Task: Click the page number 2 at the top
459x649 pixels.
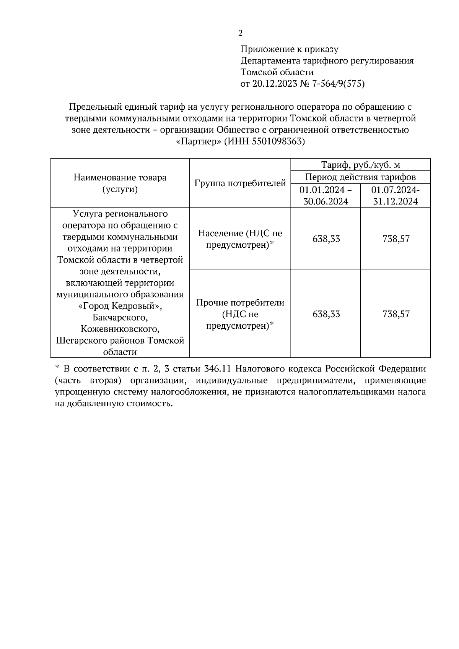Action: (x=240, y=34)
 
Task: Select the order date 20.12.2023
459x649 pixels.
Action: (x=275, y=84)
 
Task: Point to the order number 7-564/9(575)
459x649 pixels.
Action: (x=339, y=84)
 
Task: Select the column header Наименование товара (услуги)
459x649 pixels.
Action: (x=120, y=183)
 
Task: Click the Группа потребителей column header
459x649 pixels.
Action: (x=240, y=183)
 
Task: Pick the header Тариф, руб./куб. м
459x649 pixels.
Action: (x=360, y=165)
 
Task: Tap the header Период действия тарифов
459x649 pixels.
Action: (x=360, y=177)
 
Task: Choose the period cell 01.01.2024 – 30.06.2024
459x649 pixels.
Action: (x=326, y=195)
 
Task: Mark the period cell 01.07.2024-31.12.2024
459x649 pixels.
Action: (x=395, y=195)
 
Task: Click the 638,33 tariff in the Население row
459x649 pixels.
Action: (x=326, y=239)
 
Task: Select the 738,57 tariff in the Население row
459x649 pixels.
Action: (x=396, y=239)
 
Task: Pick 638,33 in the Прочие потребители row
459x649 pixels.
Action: (x=326, y=314)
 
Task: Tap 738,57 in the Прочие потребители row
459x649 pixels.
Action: (x=396, y=314)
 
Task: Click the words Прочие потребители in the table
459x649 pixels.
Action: (x=240, y=303)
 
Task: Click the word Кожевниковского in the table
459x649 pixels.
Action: (x=120, y=329)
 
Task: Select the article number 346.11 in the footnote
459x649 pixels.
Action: (x=218, y=369)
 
